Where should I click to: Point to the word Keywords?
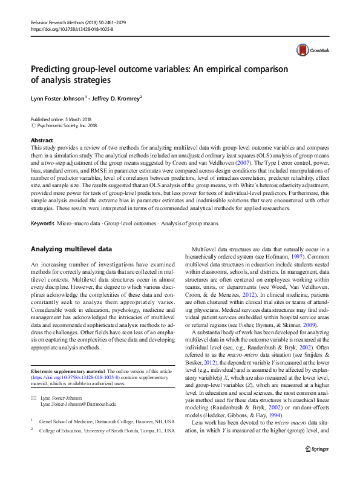pos(43,207)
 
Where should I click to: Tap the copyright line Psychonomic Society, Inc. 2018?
pos(66,125)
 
